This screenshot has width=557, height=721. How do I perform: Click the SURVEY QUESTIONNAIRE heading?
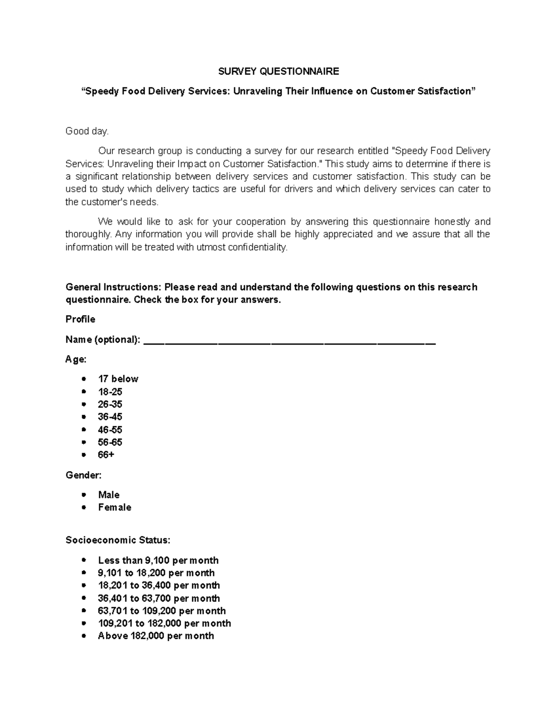click(x=278, y=71)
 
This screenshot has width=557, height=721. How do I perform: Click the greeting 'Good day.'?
click(x=87, y=131)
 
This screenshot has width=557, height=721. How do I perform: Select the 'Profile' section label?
click(x=80, y=319)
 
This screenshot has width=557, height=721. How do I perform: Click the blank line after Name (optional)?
click(x=290, y=342)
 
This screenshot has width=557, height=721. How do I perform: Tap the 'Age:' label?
click(x=76, y=359)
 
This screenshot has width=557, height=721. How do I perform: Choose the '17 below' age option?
click(x=118, y=379)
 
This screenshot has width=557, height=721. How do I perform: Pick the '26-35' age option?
click(x=110, y=404)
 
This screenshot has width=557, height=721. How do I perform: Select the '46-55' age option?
click(x=110, y=430)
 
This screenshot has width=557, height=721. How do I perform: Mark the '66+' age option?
click(x=106, y=455)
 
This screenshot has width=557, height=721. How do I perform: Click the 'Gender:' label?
click(x=84, y=475)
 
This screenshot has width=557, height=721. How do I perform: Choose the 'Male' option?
click(x=109, y=495)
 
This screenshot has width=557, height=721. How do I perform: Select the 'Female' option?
click(x=115, y=507)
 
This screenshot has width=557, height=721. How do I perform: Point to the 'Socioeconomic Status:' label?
click(x=118, y=540)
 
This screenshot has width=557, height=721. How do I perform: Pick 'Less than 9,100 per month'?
click(x=158, y=560)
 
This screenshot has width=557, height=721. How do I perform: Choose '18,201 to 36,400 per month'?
click(x=159, y=585)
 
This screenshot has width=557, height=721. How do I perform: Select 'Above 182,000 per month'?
click(x=156, y=636)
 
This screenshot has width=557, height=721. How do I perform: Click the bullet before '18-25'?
click(x=84, y=392)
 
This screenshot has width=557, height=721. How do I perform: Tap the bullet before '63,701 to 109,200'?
click(x=84, y=611)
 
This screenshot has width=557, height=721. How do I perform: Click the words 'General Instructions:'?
click(x=113, y=287)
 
